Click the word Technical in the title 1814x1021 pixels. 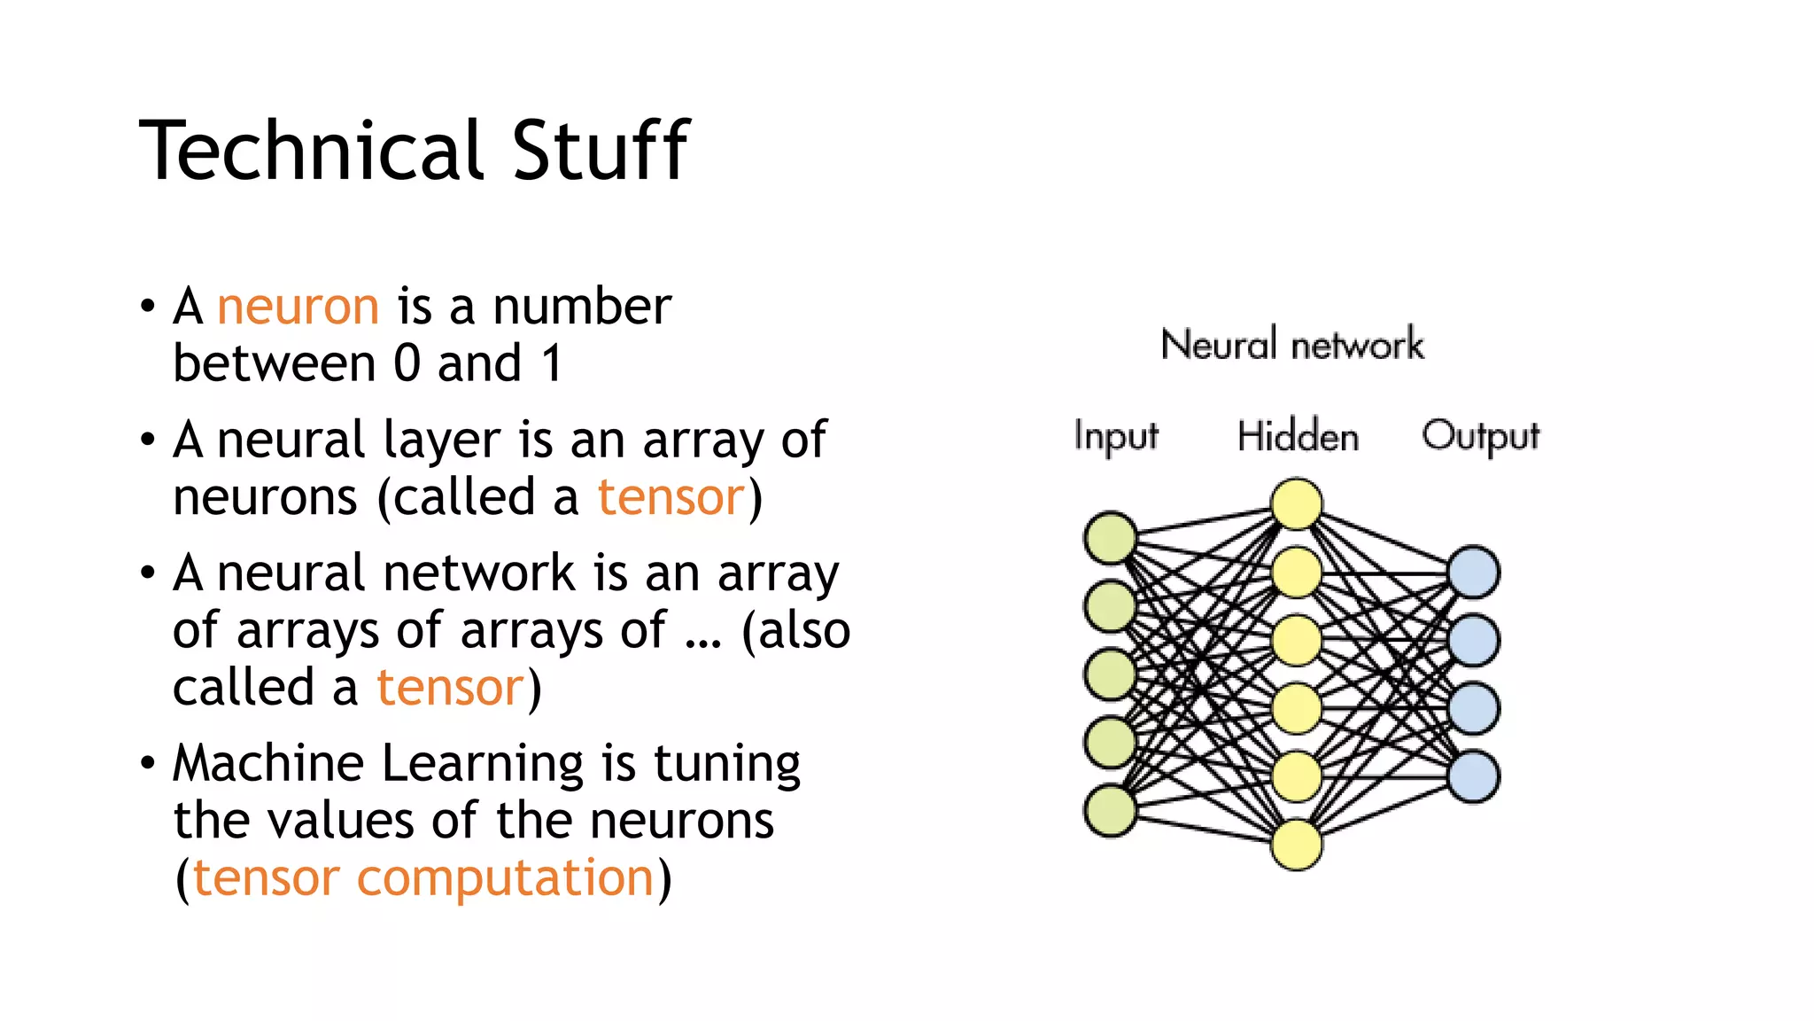[x=310, y=151]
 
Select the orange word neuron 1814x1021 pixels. [x=298, y=308]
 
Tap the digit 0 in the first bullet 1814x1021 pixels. [x=407, y=363]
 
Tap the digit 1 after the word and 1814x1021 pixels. [x=552, y=363]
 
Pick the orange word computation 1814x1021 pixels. [x=505, y=878]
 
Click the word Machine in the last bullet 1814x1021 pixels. [x=268, y=763]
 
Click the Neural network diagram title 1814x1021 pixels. [x=1291, y=344]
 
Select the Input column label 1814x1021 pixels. [x=1115, y=436]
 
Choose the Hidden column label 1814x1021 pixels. [x=1298, y=436]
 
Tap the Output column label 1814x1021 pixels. [x=1480, y=436]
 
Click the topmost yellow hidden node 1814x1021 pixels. [x=1297, y=503]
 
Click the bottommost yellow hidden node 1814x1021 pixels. [x=1297, y=845]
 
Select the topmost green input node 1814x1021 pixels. [x=1111, y=537]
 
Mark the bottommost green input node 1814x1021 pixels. [x=1111, y=810]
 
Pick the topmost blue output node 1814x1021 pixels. [x=1474, y=572]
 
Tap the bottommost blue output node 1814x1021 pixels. [x=1474, y=776]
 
